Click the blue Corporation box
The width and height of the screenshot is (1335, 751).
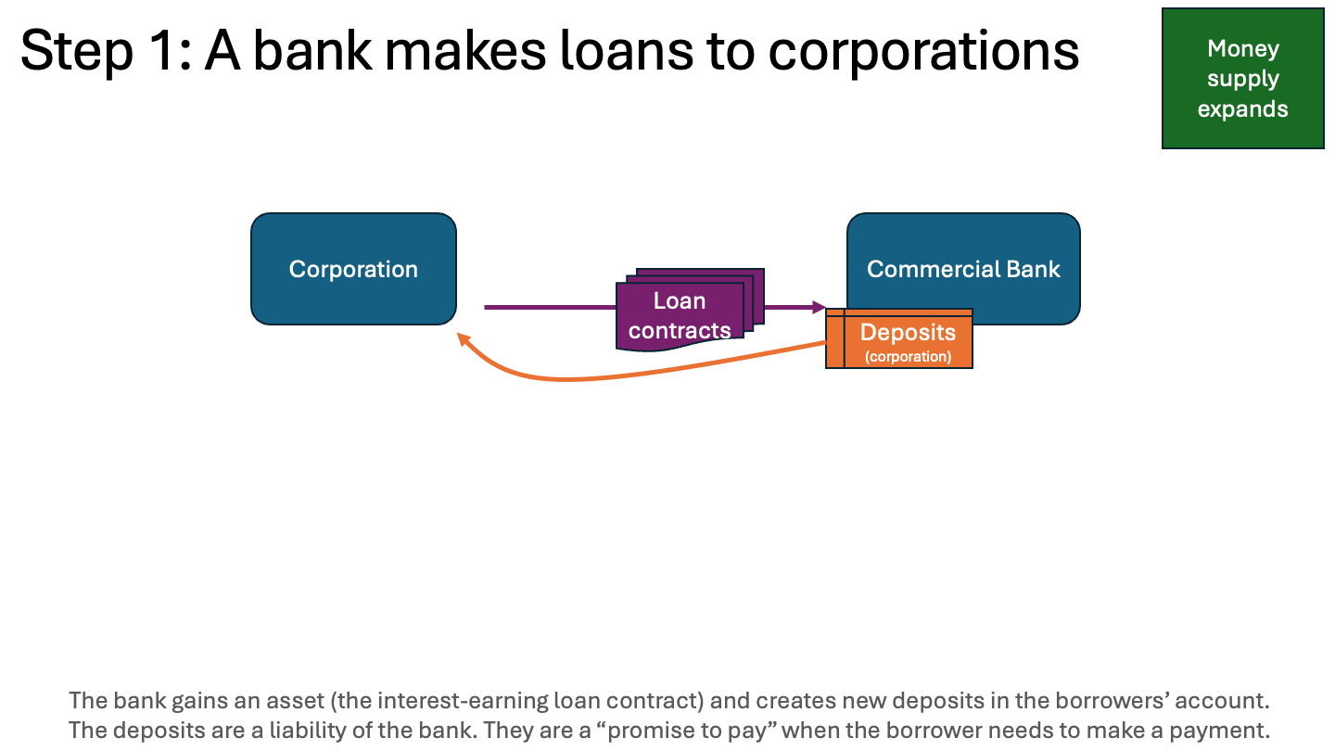[353, 269]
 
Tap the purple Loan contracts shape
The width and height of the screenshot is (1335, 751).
[680, 315]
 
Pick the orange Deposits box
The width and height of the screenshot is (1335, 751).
[908, 339]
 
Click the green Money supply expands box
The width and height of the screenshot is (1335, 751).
[1242, 78]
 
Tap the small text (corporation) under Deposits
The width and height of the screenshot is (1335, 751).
[908, 356]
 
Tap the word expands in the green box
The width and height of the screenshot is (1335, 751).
[1242, 108]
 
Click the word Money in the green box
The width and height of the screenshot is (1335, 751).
[1242, 48]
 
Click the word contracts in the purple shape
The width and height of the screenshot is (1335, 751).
[680, 330]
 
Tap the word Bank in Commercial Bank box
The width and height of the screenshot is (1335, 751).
[1036, 269]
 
